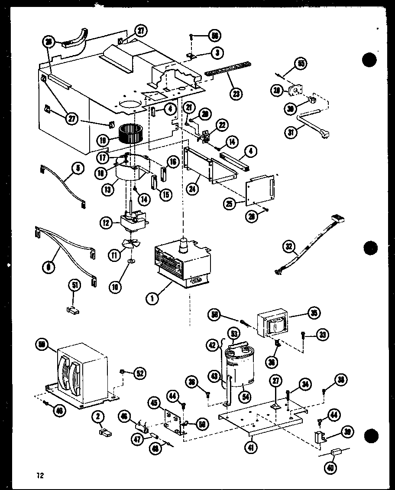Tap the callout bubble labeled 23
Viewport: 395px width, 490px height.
pos(236,93)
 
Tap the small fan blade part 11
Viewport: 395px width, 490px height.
pos(129,245)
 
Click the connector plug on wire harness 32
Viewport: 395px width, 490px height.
pos(336,219)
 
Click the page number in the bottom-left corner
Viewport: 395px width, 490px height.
pos(40,475)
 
